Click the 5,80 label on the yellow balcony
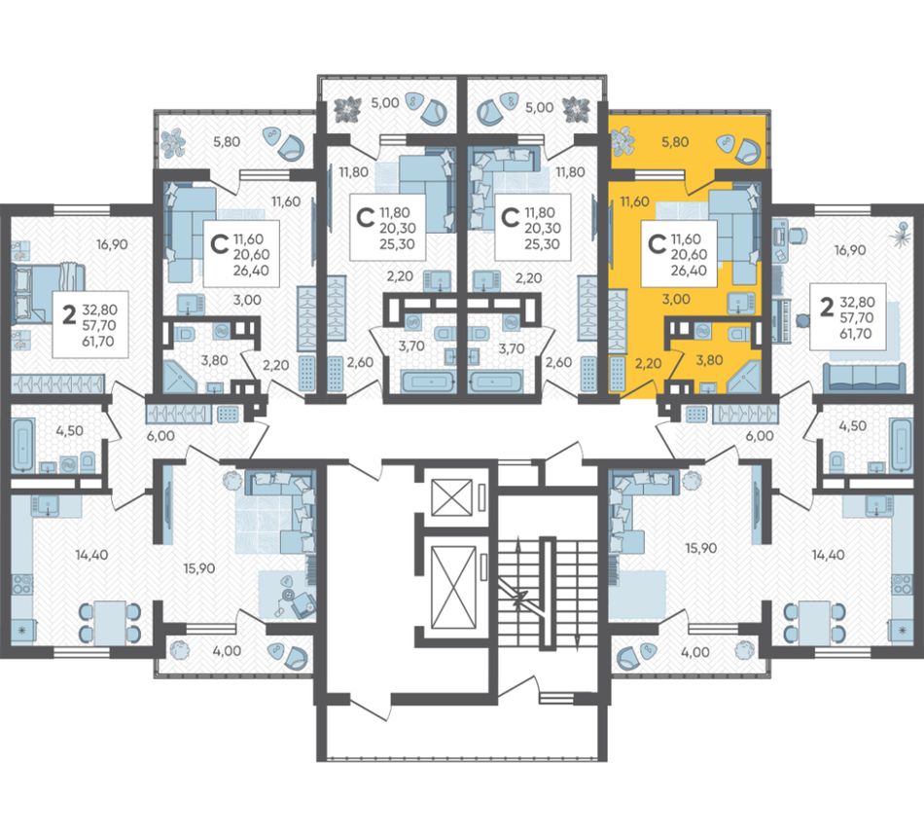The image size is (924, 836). pyautogui.click(x=675, y=142)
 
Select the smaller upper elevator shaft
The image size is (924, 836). pyautogui.click(x=452, y=497)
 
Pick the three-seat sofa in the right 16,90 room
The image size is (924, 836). pyautogui.click(x=864, y=378)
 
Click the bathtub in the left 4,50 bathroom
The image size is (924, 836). pyautogui.click(x=22, y=444)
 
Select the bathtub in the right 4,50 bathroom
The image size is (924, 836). pyautogui.click(x=901, y=444)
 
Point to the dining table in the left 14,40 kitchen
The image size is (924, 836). pyautogui.click(x=110, y=623)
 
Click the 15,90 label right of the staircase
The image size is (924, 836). pyautogui.click(x=700, y=548)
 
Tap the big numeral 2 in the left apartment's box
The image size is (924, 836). pyautogui.click(x=69, y=316)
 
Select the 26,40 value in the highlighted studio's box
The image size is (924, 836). pyautogui.click(x=689, y=271)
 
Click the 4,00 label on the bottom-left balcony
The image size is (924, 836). pyautogui.click(x=229, y=651)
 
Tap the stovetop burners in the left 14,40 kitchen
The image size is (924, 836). pyautogui.click(x=23, y=584)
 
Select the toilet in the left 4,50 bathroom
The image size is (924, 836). pyautogui.click(x=88, y=459)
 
